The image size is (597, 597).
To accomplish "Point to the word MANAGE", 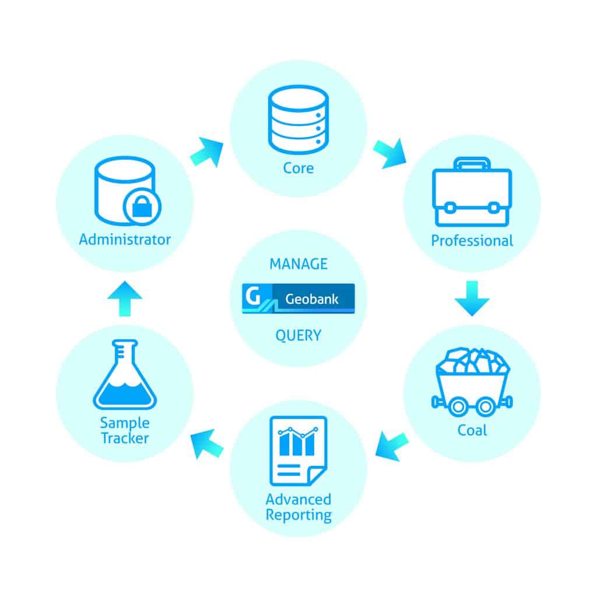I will tap(298, 264).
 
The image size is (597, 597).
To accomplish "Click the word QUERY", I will tap(298, 335).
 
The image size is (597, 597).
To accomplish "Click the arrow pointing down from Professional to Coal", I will tap(472, 297).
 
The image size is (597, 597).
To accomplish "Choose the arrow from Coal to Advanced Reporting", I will tap(391, 446).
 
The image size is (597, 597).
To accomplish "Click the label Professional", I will tap(472, 241).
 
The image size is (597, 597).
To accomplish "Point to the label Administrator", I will tap(125, 239).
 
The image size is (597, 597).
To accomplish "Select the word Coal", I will tap(472, 431).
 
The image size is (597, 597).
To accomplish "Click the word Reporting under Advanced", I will tap(298, 515).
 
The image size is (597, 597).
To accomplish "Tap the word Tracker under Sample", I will tap(125, 438).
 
